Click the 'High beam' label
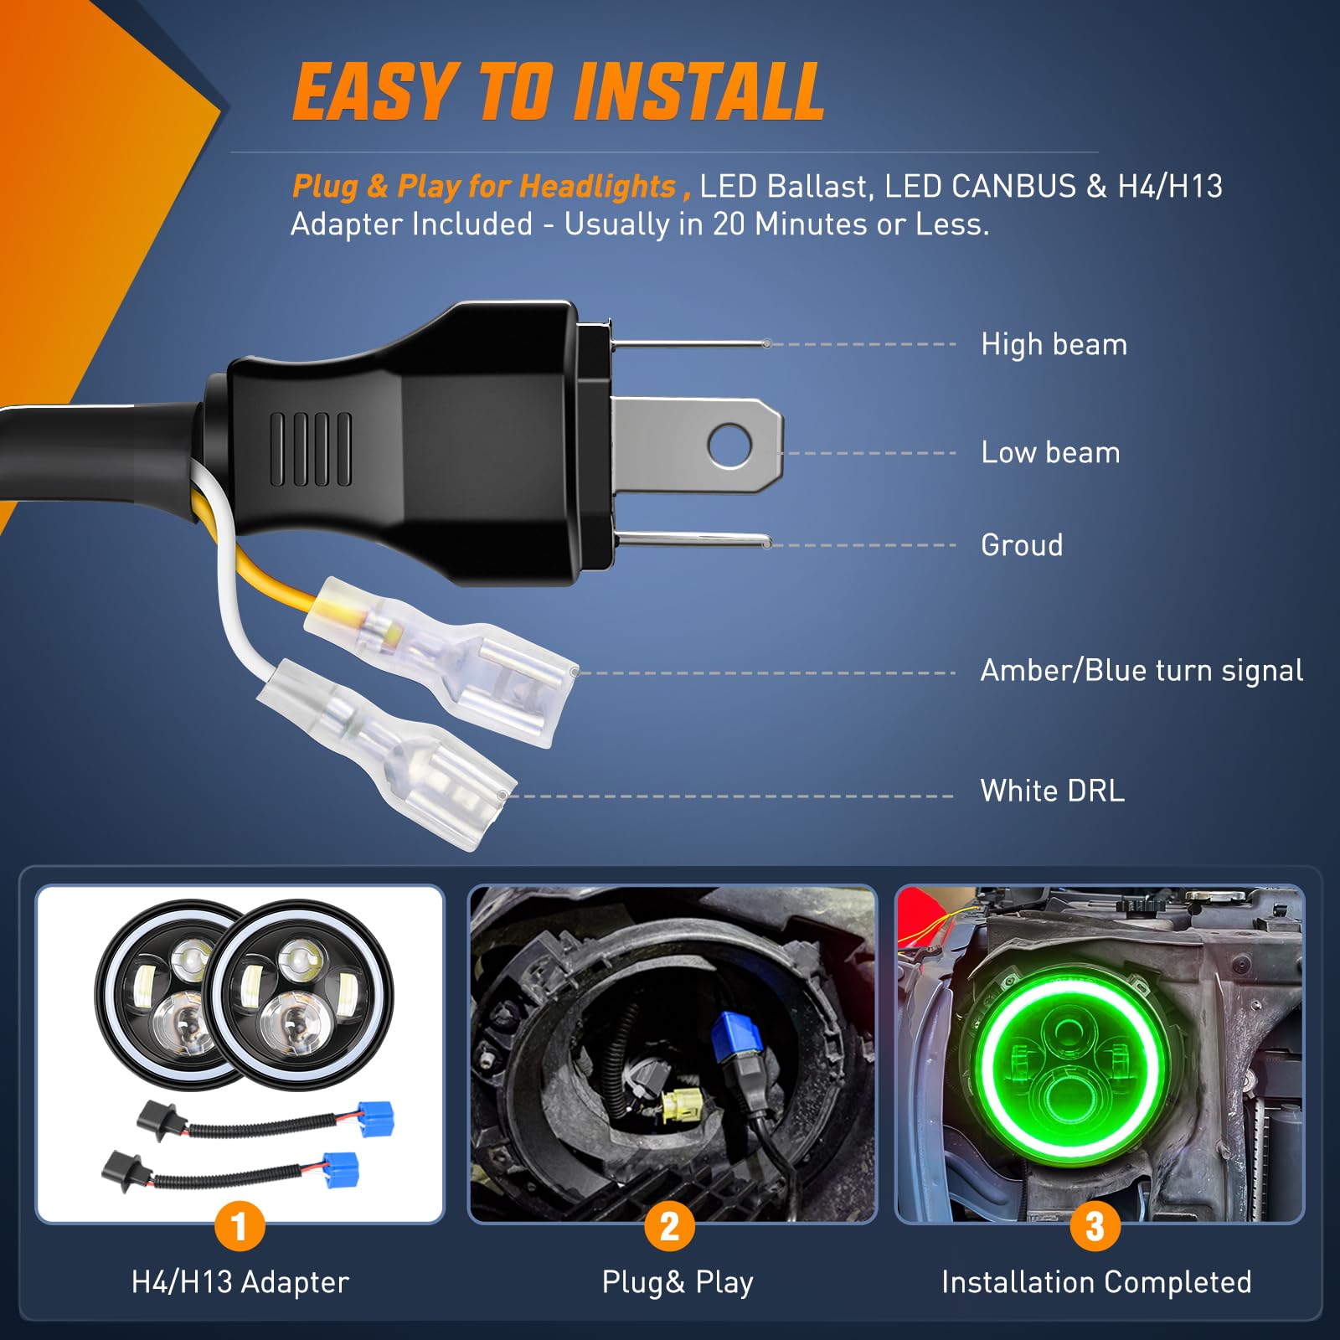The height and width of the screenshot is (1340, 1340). [x=1054, y=344]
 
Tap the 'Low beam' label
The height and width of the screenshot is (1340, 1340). [x=1050, y=452]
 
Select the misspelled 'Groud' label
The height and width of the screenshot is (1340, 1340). [x=1022, y=545]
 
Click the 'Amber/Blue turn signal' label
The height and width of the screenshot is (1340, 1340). [x=1142, y=671]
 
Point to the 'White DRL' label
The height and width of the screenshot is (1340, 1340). [x=1053, y=791]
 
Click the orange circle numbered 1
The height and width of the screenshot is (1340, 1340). [x=240, y=1227]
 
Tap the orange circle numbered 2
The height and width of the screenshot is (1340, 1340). [x=669, y=1227]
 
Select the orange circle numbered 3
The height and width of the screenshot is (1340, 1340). [x=1095, y=1227]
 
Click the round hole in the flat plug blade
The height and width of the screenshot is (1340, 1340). [x=729, y=445]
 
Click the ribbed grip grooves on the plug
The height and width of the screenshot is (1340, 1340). [x=311, y=449]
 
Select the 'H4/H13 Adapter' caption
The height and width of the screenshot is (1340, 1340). [x=240, y=1282]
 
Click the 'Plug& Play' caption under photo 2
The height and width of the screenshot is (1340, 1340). [x=678, y=1282]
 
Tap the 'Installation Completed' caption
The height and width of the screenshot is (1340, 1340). [x=1096, y=1282]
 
